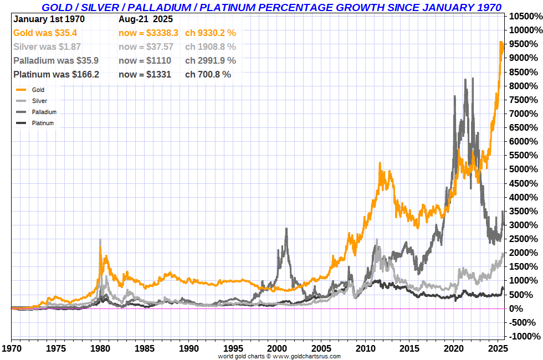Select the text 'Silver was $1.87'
(x=46, y=47)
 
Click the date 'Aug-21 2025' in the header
(x=145, y=19)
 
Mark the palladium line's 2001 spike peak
(x=286, y=228)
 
